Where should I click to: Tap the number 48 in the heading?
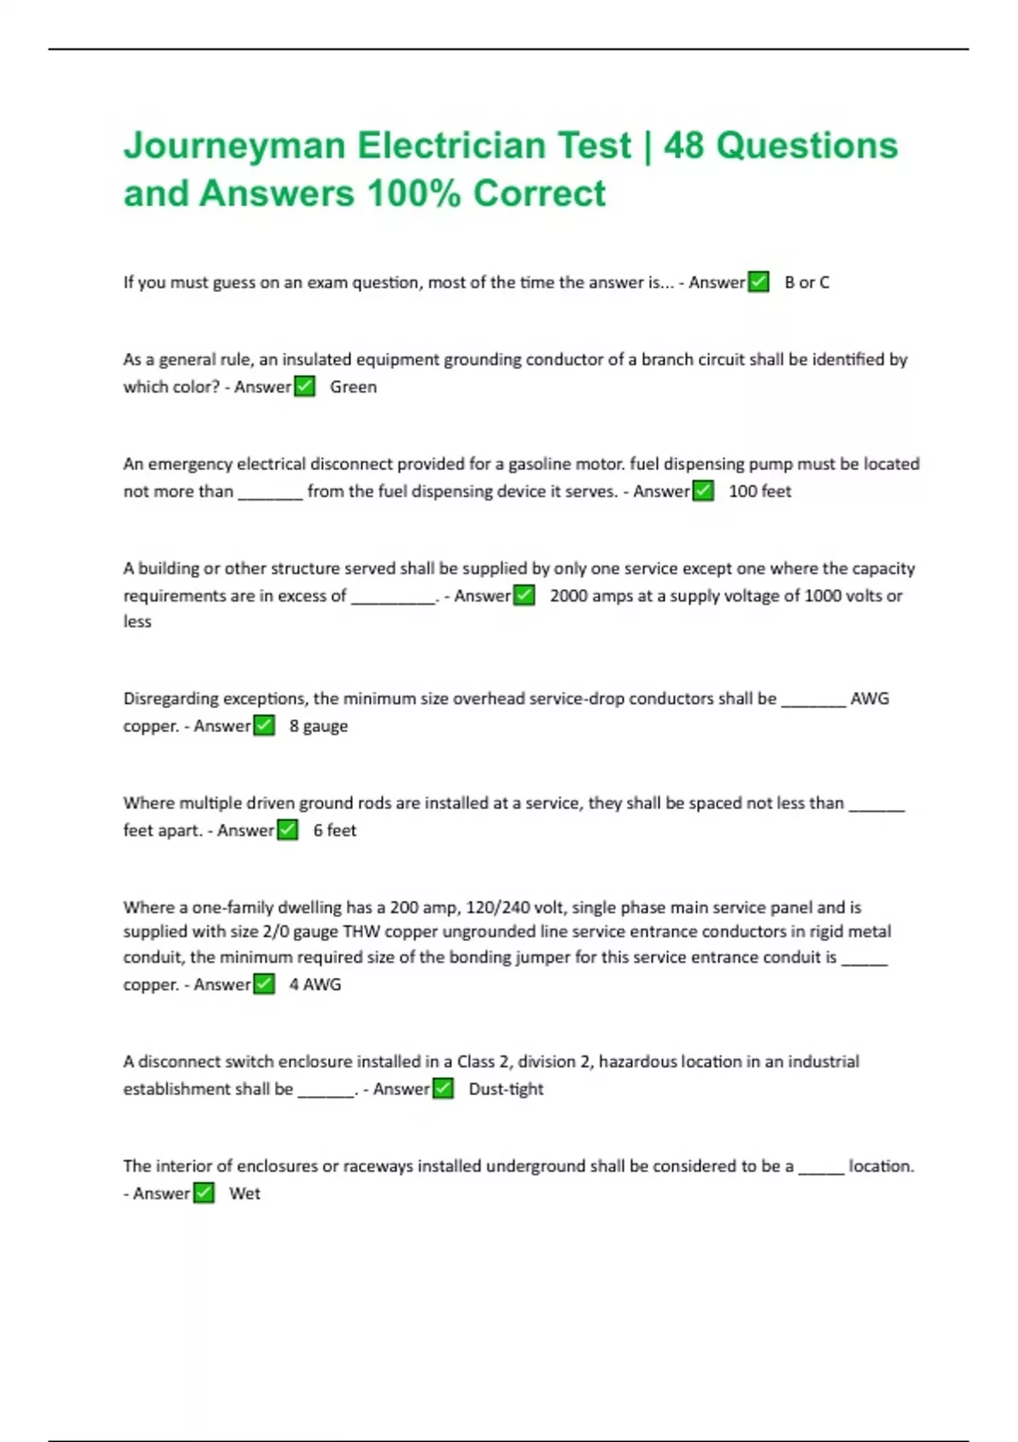tap(684, 146)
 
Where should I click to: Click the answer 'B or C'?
tap(807, 282)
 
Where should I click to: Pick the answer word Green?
tap(353, 387)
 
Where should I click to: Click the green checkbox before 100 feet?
tap(703, 491)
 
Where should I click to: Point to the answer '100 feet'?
tap(760, 491)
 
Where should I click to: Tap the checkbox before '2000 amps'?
tap(524, 595)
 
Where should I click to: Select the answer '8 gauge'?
tap(318, 726)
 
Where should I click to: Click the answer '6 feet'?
tap(334, 830)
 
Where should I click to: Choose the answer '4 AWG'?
tap(315, 985)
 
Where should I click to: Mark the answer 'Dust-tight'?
tap(506, 1089)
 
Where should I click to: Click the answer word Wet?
tap(244, 1193)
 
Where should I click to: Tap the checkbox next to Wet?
tap(204, 1193)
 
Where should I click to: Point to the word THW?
tap(360, 932)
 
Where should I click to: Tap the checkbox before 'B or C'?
tap(758, 282)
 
